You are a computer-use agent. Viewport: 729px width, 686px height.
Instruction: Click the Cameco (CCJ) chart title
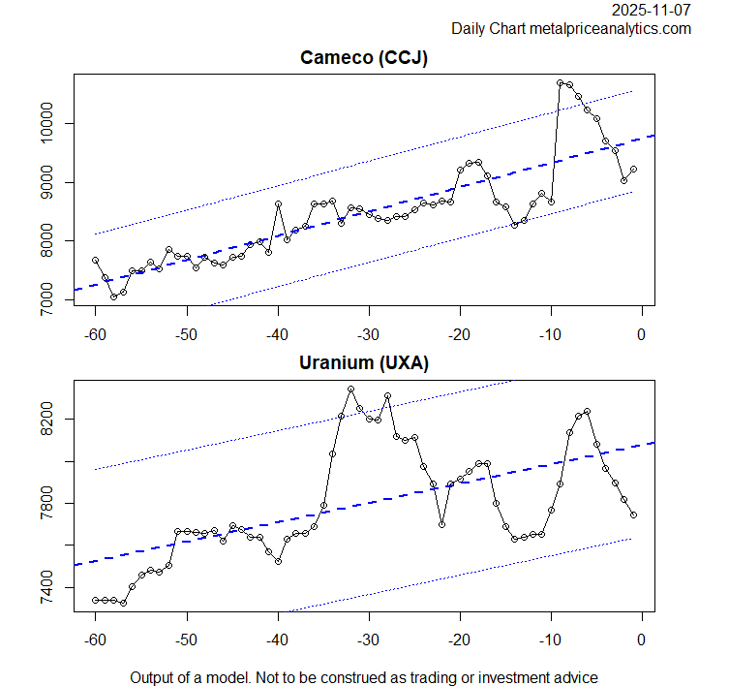pos(364,57)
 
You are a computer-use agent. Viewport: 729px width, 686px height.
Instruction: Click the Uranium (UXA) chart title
pos(364,363)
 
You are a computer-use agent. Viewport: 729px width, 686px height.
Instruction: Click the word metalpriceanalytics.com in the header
pos(610,29)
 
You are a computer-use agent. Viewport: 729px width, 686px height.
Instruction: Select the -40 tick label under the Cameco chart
pos(277,334)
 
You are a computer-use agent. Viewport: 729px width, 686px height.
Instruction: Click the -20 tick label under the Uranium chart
pos(459,640)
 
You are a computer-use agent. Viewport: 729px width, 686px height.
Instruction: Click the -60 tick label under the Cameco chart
pos(95,334)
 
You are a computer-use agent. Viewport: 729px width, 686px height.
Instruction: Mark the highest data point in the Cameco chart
pos(561,83)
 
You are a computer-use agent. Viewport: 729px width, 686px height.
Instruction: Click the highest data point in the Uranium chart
pos(350,390)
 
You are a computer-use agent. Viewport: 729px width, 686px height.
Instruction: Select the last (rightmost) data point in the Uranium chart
pos(633,515)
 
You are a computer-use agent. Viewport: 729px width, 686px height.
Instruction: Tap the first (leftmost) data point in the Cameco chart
pos(96,260)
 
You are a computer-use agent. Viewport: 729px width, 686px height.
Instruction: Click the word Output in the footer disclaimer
pos(154,677)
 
